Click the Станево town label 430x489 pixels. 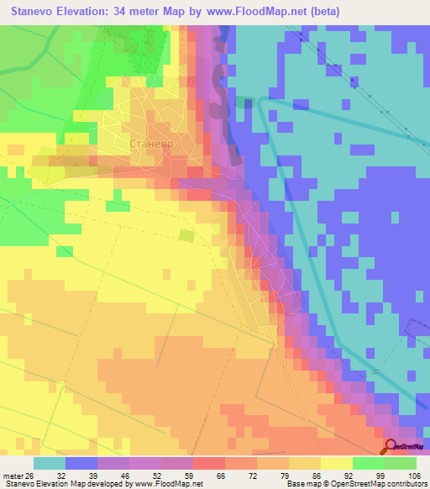[x=152, y=144]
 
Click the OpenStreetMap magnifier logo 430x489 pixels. [x=391, y=446]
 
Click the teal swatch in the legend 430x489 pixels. [x=50, y=463]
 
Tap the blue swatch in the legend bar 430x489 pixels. [x=81, y=463]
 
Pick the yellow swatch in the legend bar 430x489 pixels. [x=336, y=463]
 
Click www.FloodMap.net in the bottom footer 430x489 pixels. [x=171, y=483]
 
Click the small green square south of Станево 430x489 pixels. [x=186, y=237]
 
